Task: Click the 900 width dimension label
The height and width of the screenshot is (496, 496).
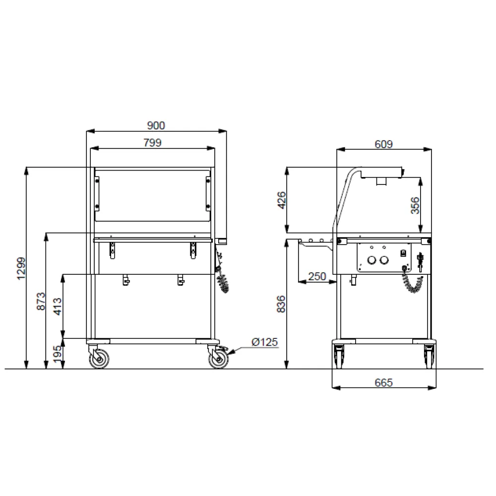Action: [156, 126]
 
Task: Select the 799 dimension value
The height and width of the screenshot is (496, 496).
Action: [152, 143]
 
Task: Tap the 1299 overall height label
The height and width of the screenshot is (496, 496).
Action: [20, 268]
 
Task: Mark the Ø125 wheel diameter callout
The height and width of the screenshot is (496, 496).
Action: [264, 342]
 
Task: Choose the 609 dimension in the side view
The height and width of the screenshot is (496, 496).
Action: [384, 144]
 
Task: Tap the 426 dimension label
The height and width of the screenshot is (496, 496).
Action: [282, 200]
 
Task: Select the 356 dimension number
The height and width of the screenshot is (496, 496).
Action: [415, 205]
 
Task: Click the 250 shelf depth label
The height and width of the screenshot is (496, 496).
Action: [316, 276]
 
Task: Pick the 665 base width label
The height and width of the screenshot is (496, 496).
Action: [384, 382]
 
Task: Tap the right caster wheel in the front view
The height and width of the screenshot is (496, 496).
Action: [218, 359]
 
